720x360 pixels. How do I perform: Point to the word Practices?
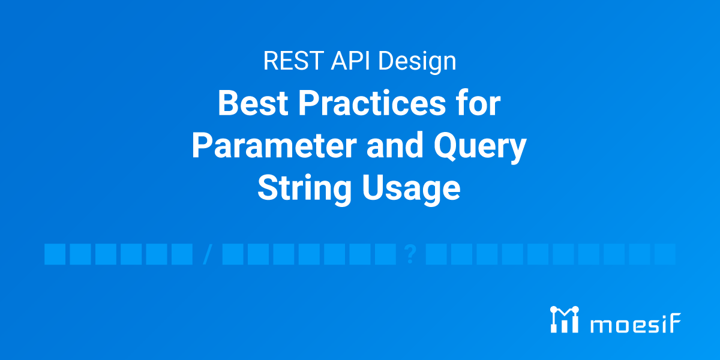[372, 104]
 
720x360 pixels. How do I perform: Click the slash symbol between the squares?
[208, 254]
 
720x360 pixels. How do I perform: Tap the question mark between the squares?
[410, 254]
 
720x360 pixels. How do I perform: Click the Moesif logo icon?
[565, 319]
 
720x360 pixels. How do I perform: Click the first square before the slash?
[55, 254]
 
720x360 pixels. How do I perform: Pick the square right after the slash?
[233, 254]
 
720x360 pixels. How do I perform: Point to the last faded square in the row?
[665, 254]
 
